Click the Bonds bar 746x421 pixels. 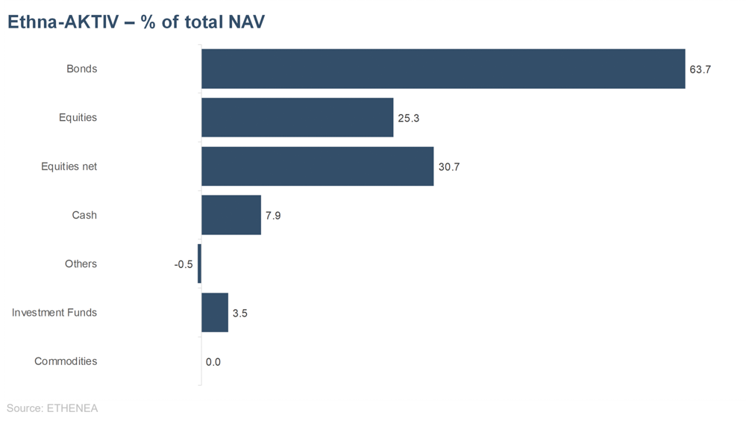tap(443, 69)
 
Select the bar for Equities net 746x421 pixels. tap(317, 166)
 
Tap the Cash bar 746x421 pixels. tap(231, 215)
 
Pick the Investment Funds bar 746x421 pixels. tap(215, 312)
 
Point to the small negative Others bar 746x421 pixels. tap(199, 263)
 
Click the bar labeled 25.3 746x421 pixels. tap(297, 117)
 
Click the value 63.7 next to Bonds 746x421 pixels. tap(700, 69)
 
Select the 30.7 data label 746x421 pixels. tap(449, 167)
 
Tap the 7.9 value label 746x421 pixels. tap(273, 216)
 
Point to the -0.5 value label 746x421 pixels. tap(184, 264)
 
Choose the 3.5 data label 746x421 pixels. tap(240, 314)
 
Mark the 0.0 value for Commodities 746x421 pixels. tap(213, 362)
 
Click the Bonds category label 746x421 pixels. tap(82, 69)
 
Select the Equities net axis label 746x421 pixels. tap(69, 166)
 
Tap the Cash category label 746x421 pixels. tap(84, 215)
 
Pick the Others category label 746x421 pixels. tap(81, 263)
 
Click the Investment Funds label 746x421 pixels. tap(54, 312)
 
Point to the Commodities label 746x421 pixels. tap(66, 361)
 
